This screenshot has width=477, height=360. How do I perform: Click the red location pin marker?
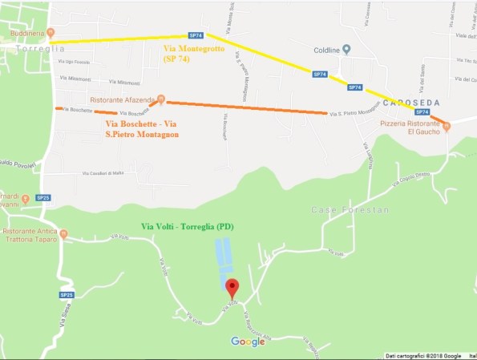point(232,287)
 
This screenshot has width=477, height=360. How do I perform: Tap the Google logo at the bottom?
point(248,342)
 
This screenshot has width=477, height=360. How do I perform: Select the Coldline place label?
point(326,50)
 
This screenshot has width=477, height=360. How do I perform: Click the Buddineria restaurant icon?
point(51,33)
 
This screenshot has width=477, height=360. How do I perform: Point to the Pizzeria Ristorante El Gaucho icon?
point(447,125)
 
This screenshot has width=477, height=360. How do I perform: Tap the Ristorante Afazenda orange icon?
point(160,99)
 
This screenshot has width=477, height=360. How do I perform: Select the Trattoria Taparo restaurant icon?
point(64,234)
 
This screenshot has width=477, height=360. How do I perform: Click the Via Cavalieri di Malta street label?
point(104,172)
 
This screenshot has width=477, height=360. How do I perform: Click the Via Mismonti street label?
point(76,79)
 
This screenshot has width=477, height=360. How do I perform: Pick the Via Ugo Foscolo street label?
point(77,63)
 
